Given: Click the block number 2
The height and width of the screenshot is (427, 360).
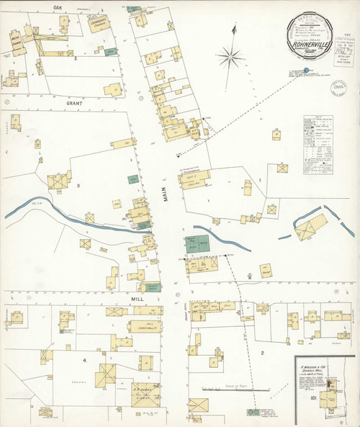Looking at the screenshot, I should (262, 352).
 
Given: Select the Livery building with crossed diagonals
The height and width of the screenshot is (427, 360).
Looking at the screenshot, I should (107, 374).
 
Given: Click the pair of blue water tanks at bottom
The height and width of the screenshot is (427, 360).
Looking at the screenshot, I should (253, 413).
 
